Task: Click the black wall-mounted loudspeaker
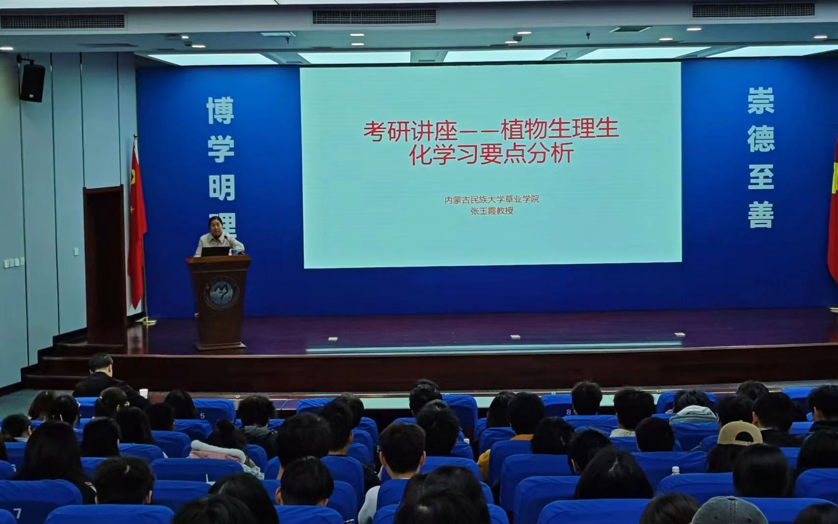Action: click(32, 83)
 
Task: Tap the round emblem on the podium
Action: click(221, 293)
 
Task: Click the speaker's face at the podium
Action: click(216, 226)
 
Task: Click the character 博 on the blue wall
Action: click(221, 110)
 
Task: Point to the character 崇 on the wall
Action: click(761, 101)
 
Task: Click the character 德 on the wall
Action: click(761, 139)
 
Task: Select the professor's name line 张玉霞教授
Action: click(492, 211)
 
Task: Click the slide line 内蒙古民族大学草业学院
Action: click(492, 199)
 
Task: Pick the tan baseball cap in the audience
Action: click(739, 433)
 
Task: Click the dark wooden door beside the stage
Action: click(105, 265)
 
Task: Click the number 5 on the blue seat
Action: click(202, 416)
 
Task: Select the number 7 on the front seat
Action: click(18, 513)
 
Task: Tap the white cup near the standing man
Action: click(143, 393)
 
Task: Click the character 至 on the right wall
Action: click(761, 177)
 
